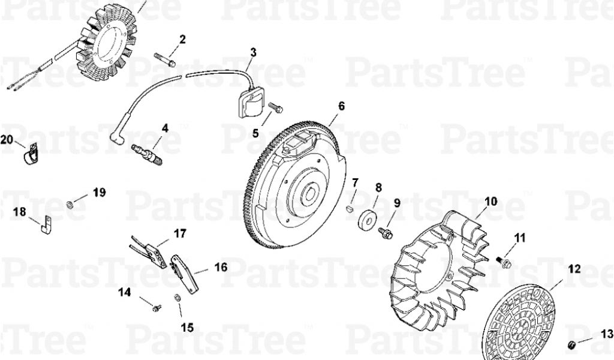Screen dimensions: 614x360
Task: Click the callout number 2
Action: click(182, 39)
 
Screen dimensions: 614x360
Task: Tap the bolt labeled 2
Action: click(165, 59)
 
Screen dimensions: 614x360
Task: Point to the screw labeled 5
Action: click(276, 107)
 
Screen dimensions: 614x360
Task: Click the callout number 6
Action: click(341, 106)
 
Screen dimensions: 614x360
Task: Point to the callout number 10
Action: click(490, 202)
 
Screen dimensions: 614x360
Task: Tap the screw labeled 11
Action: click(504, 262)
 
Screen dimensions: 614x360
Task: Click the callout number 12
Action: click(574, 269)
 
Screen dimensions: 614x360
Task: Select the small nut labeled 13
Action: click(572, 345)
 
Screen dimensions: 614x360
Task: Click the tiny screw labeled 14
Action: click(157, 308)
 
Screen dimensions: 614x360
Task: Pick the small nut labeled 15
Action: click(177, 298)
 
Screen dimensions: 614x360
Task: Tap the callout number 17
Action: click(180, 233)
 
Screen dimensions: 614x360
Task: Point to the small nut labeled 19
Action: click(70, 204)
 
